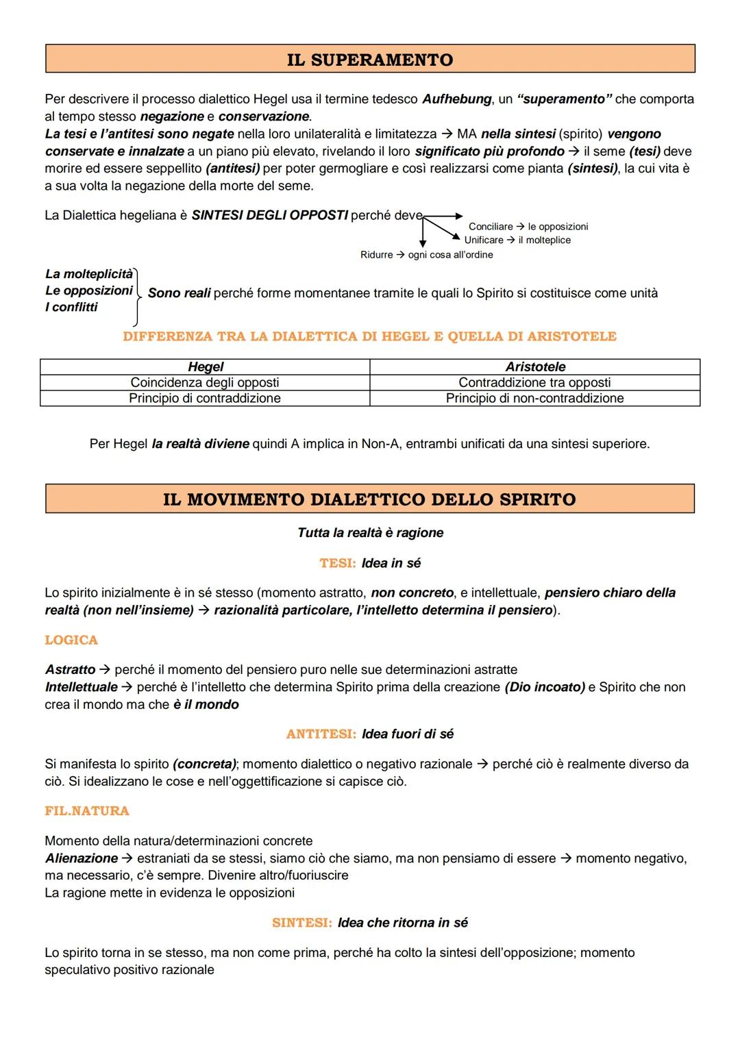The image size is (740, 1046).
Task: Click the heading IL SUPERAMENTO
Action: click(x=369, y=60)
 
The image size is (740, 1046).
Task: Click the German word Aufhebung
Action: click(x=456, y=99)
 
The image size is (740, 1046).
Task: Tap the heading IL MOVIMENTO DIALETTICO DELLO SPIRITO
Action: click(x=369, y=499)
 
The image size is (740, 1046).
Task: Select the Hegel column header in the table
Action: click(x=206, y=366)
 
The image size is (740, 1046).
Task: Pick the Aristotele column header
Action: click(x=535, y=366)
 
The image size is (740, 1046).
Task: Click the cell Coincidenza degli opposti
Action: click(x=205, y=382)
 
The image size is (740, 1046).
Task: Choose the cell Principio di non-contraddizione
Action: click(x=534, y=398)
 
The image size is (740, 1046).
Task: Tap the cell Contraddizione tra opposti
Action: click(x=534, y=382)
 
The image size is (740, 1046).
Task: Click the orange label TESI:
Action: click(x=337, y=563)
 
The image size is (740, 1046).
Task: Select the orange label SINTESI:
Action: click(x=301, y=923)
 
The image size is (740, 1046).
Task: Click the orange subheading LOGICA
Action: click(x=71, y=640)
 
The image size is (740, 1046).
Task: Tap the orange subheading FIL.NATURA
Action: click(x=87, y=811)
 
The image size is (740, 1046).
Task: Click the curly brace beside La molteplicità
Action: click(x=138, y=296)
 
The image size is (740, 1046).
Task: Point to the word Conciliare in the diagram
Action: click(x=491, y=227)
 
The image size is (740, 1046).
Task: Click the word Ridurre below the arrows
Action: click(x=376, y=255)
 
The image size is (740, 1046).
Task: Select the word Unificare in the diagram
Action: click(x=484, y=240)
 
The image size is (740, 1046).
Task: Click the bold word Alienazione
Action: click(x=82, y=858)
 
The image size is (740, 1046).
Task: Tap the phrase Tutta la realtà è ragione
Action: click(x=370, y=533)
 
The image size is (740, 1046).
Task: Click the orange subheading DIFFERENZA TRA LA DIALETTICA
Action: click(x=369, y=336)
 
